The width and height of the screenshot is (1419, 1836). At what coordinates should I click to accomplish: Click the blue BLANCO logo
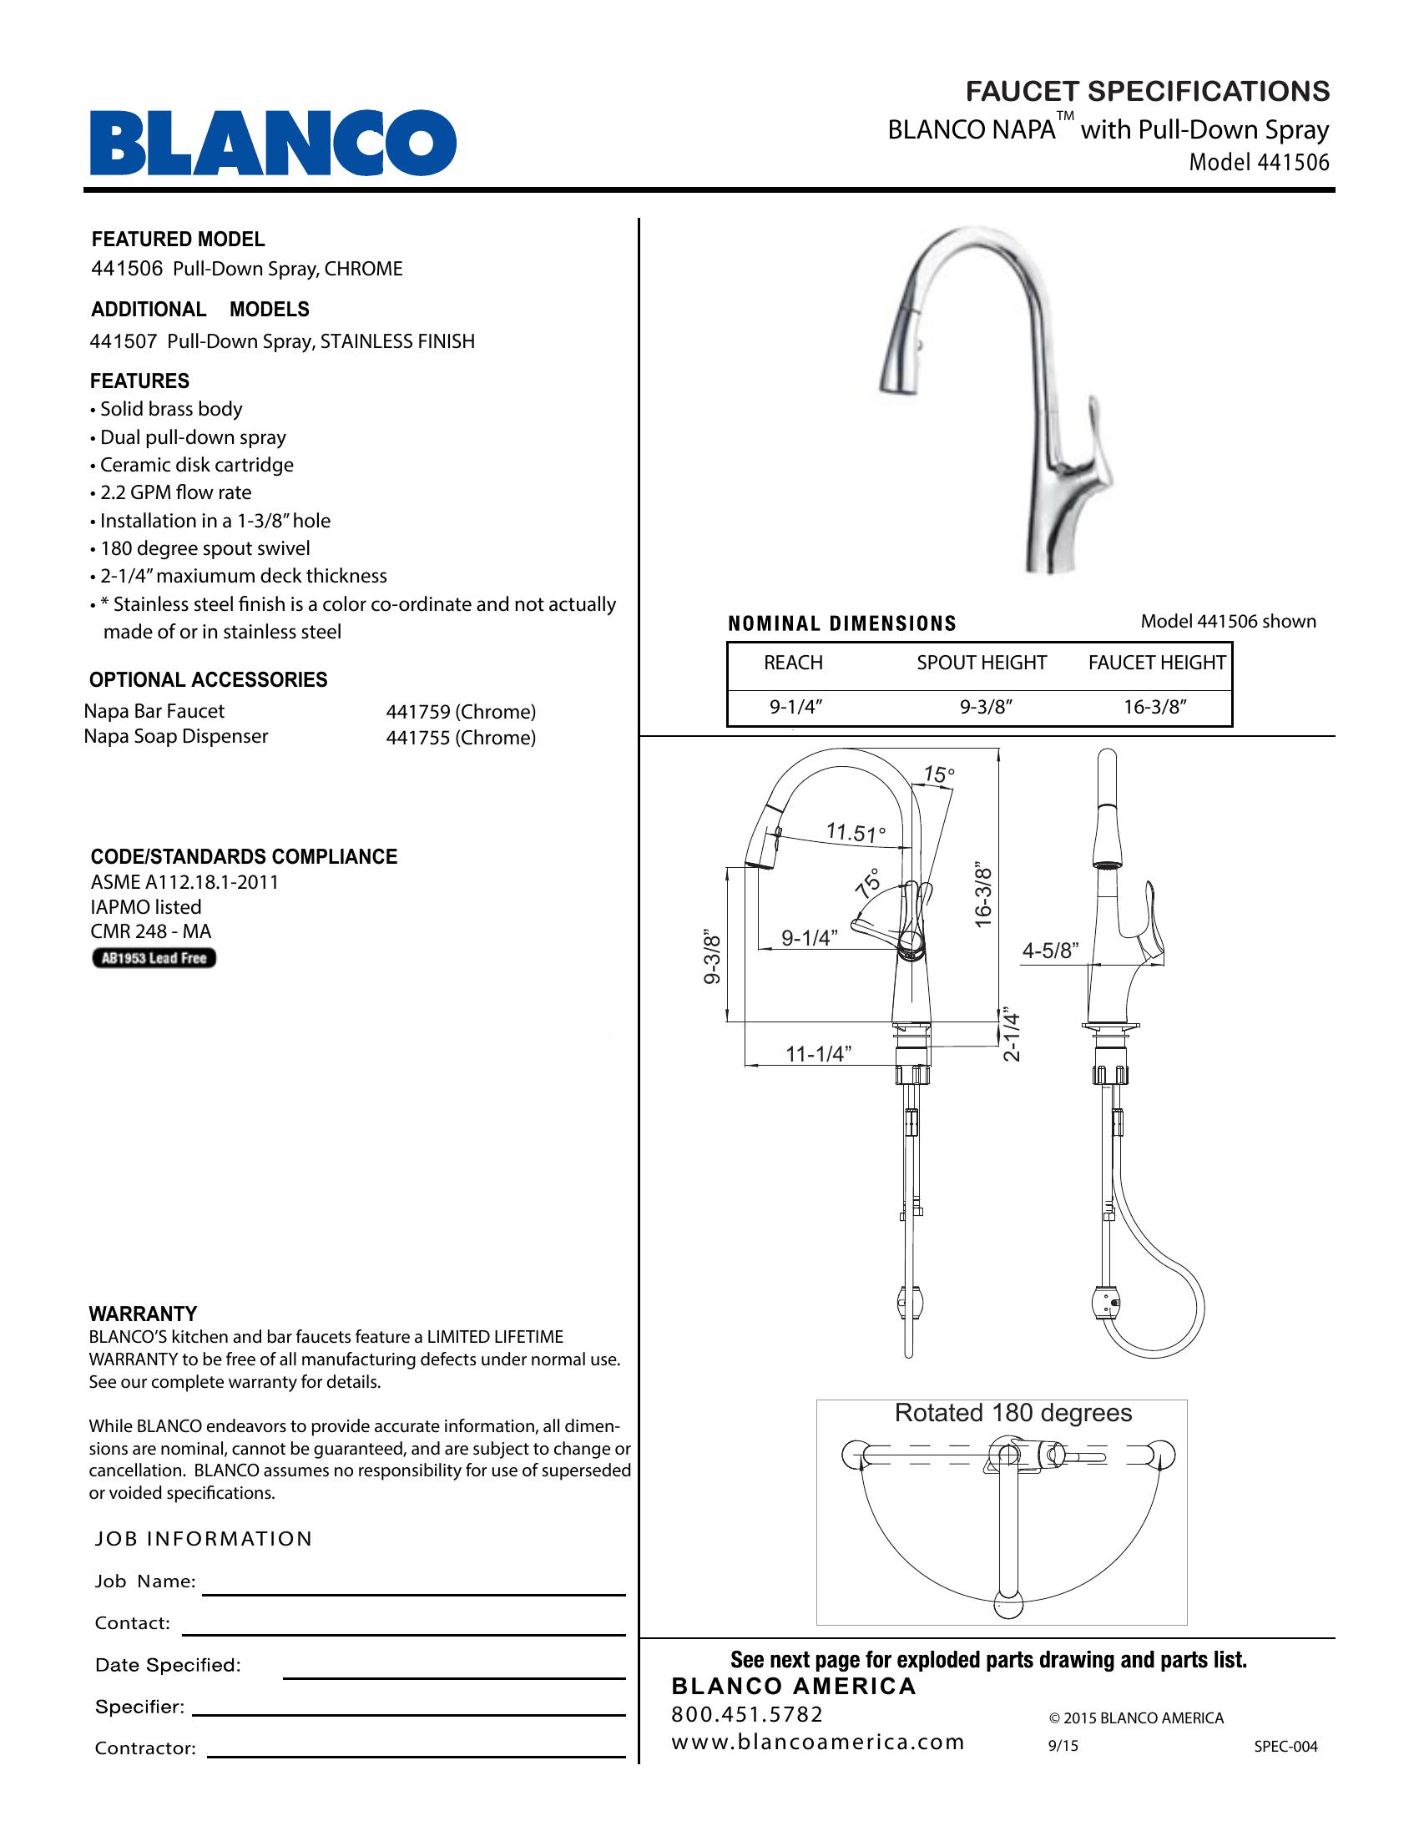point(273,142)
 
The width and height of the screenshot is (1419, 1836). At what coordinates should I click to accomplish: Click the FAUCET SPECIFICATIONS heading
point(1148,91)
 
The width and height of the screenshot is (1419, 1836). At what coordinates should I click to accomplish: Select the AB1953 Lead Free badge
point(154,958)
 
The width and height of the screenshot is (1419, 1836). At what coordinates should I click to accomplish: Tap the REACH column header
point(793,663)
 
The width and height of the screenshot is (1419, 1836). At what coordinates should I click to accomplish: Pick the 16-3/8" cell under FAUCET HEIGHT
point(1155,707)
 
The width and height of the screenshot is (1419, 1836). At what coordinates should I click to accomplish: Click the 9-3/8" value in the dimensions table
point(985,707)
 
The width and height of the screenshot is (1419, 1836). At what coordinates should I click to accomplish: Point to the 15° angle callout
point(939,774)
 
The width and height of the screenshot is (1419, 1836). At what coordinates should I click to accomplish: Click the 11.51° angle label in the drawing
point(855,833)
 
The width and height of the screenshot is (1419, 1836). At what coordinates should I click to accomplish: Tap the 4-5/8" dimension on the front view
point(1050,951)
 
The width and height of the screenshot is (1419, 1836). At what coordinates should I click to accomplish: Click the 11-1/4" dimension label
point(818,1054)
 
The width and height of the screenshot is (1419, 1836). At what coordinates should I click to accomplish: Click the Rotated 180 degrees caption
point(1013,1413)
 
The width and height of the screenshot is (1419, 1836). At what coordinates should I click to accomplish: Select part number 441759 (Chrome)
point(461,712)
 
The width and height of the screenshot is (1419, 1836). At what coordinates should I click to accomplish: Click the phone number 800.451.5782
point(747,1715)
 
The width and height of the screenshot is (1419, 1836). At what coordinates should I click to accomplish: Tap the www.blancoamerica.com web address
point(818,1743)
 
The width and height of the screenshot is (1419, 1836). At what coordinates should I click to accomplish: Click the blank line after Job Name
point(413,1594)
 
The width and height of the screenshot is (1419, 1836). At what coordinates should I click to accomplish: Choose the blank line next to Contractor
point(417,1757)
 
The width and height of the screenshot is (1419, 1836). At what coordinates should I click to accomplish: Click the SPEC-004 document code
point(1285,1747)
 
